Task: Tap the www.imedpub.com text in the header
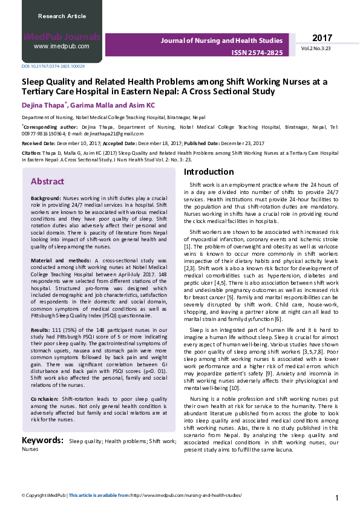tap(62, 46)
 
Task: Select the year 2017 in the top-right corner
tap(322, 37)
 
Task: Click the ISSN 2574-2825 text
tap(257, 53)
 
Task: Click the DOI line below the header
tap(53, 66)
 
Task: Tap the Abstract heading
tap(47, 181)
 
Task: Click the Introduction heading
tap(208, 172)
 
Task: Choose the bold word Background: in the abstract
tap(45, 198)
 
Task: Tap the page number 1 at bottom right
tap(336, 498)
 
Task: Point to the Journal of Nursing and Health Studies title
tap(221, 40)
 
